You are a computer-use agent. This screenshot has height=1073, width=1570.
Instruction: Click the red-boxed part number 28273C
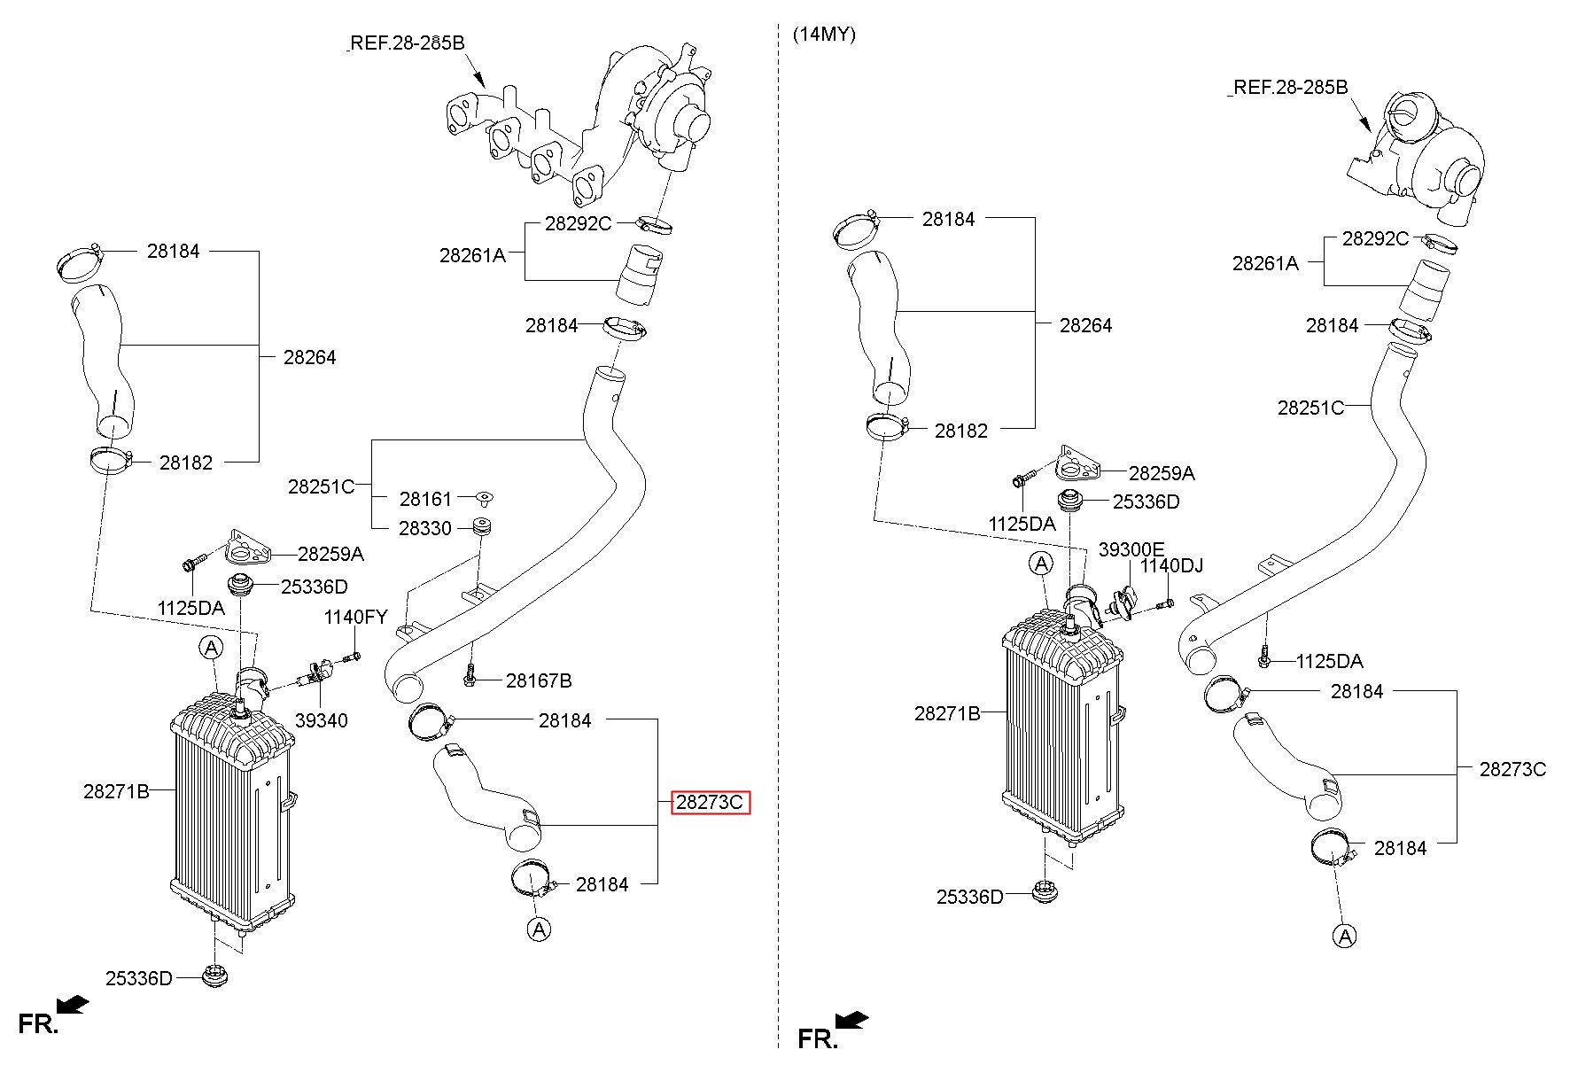pos(711,803)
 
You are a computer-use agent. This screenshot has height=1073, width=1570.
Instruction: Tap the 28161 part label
pos(425,500)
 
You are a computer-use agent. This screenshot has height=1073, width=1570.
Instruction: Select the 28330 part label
pos(425,529)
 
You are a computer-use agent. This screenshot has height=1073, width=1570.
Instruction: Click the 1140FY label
pos(356,618)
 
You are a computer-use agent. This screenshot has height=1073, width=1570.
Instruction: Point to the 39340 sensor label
pos(322,721)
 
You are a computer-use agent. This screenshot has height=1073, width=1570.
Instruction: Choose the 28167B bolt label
pos(539,681)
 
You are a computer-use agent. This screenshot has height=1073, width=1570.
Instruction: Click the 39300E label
pos(1131,549)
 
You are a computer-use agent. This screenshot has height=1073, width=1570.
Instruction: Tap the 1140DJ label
pos(1171,565)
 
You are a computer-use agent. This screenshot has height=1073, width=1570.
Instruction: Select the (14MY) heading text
pos(824,35)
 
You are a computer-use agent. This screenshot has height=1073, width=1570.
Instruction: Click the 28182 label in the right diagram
pos(961,431)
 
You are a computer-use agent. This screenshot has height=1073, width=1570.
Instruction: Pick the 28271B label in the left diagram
pos(117,791)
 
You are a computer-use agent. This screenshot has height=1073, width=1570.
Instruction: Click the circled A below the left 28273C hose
pos(539,929)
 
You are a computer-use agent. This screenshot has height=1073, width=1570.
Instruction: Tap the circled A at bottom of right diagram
pos(1345,936)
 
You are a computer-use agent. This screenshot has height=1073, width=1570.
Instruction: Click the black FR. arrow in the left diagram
pos(73,1004)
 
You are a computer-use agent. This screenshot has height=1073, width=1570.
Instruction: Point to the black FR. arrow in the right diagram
pos(852,1021)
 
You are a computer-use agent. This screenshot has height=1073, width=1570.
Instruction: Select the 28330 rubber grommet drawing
pos(484,526)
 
